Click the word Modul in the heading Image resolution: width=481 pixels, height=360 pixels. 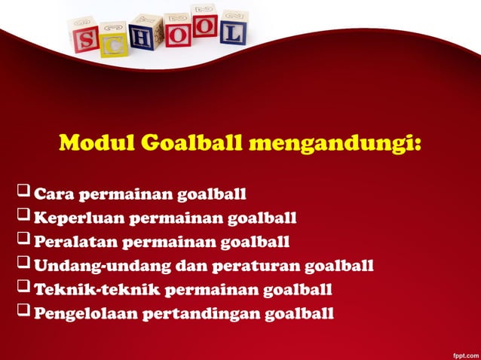pyautogui.click(x=90, y=142)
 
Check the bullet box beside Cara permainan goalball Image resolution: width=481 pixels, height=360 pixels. pyautogui.click(x=23, y=195)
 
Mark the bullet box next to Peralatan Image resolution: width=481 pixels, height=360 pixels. pyautogui.click(x=23, y=242)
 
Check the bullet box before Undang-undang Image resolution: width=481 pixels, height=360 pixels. pyautogui.click(x=23, y=265)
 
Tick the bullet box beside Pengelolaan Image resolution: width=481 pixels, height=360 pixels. pyautogui.click(x=23, y=312)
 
